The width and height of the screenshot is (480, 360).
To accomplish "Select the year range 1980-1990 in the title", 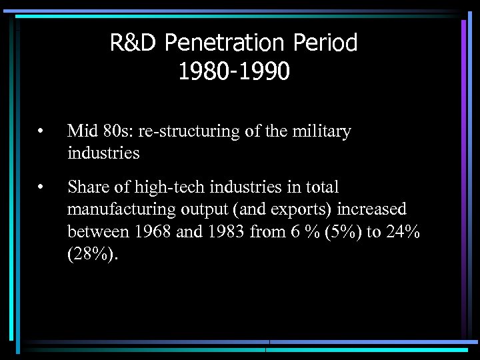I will [233, 71].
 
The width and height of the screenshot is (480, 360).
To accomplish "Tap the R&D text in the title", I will [135, 43].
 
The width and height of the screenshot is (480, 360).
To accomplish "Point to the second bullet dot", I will [41, 189].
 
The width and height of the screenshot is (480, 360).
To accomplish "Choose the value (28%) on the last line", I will [93, 255].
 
